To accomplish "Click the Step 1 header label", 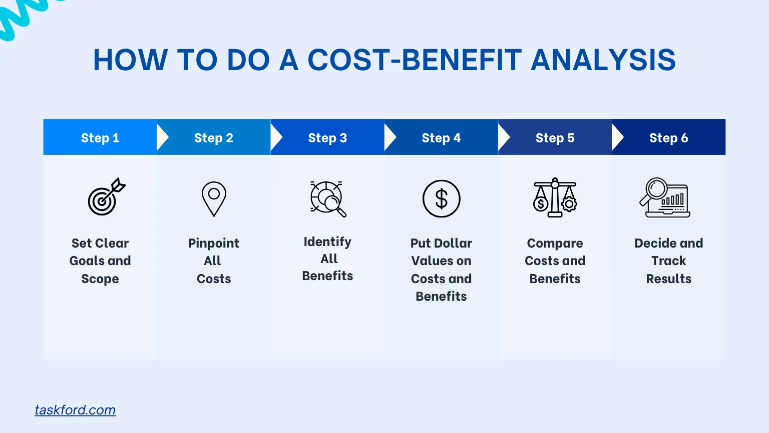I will pos(100,138).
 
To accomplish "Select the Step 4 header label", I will pos(441,138).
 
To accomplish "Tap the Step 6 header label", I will pos(668,138).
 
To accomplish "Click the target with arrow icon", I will pos(106,197).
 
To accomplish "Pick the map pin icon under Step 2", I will pos(214,198).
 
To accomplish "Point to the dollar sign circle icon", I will pos(441,198).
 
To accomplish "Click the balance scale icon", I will pos(555,197).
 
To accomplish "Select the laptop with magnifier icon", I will pos(665,197).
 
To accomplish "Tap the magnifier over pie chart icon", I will pos(328,198).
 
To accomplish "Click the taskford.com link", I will pos(75,410).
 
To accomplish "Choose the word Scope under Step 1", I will pos(100,279).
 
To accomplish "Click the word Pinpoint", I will pos(214,243).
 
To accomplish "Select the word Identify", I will pos(327,242).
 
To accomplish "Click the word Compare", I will pos(555,243).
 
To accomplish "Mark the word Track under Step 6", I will pos(668,261).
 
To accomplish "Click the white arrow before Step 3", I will pos(276,138).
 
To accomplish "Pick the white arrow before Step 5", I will pos(503,138).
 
